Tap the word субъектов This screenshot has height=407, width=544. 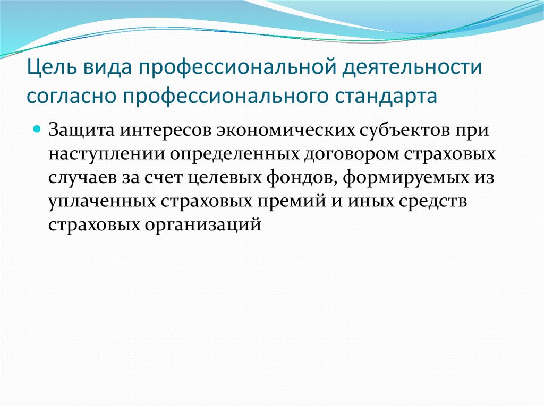point(404,131)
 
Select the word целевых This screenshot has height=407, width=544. point(225,178)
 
